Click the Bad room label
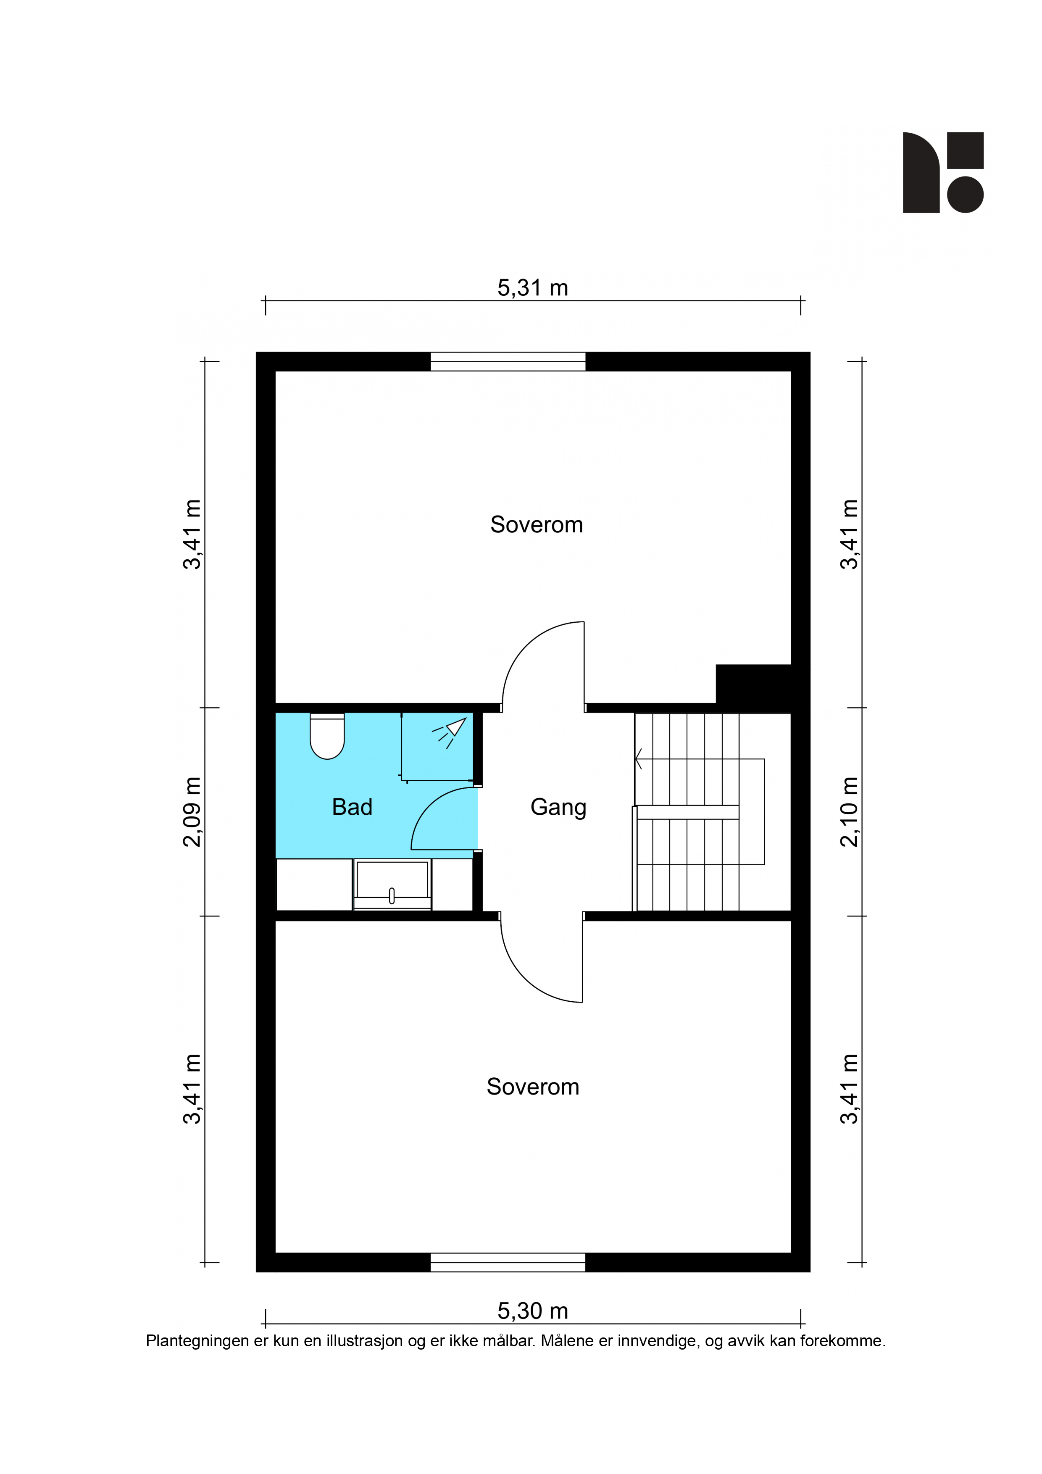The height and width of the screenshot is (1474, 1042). coord(352,807)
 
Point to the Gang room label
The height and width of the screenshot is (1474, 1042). coord(558,808)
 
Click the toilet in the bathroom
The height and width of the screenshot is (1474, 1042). coord(327,736)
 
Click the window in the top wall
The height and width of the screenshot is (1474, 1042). coord(508,361)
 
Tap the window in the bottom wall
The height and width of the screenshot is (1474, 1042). coord(508,1262)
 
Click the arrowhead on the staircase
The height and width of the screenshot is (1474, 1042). coord(638,759)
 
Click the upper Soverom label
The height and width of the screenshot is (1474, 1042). coord(537,524)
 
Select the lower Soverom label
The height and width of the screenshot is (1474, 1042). coord(533,1087)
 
